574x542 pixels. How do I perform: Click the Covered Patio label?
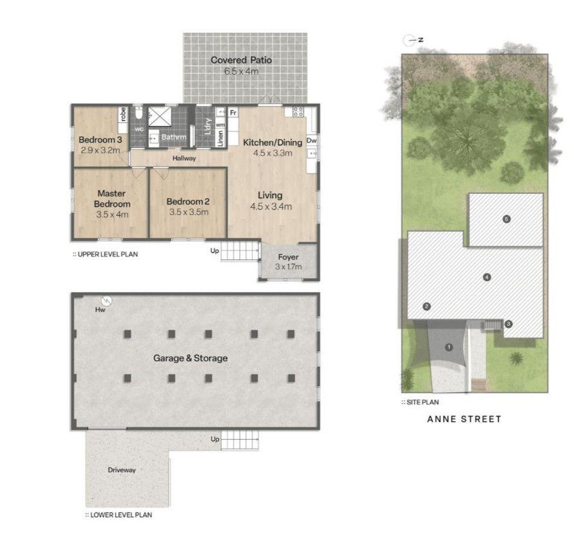(242, 60)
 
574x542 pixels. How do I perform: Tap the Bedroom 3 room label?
(101, 140)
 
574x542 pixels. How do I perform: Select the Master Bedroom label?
(112, 198)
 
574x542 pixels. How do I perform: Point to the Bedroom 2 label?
(188, 201)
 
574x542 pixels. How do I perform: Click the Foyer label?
(288, 257)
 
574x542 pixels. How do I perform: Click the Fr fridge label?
(233, 113)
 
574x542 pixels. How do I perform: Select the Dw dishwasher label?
(311, 140)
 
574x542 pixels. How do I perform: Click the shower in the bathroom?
(160, 116)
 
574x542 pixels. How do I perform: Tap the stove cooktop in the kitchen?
(298, 111)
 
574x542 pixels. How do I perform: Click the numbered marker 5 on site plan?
(507, 219)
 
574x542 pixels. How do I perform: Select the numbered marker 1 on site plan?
(449, 347)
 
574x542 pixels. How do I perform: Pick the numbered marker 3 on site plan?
(508, 324)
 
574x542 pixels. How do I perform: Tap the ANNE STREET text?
(464, 419)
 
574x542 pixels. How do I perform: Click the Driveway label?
(122, 470)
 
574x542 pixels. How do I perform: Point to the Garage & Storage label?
(190, 358)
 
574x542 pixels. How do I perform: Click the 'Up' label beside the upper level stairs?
(214, 251)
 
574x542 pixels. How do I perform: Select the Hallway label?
(184, 158)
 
